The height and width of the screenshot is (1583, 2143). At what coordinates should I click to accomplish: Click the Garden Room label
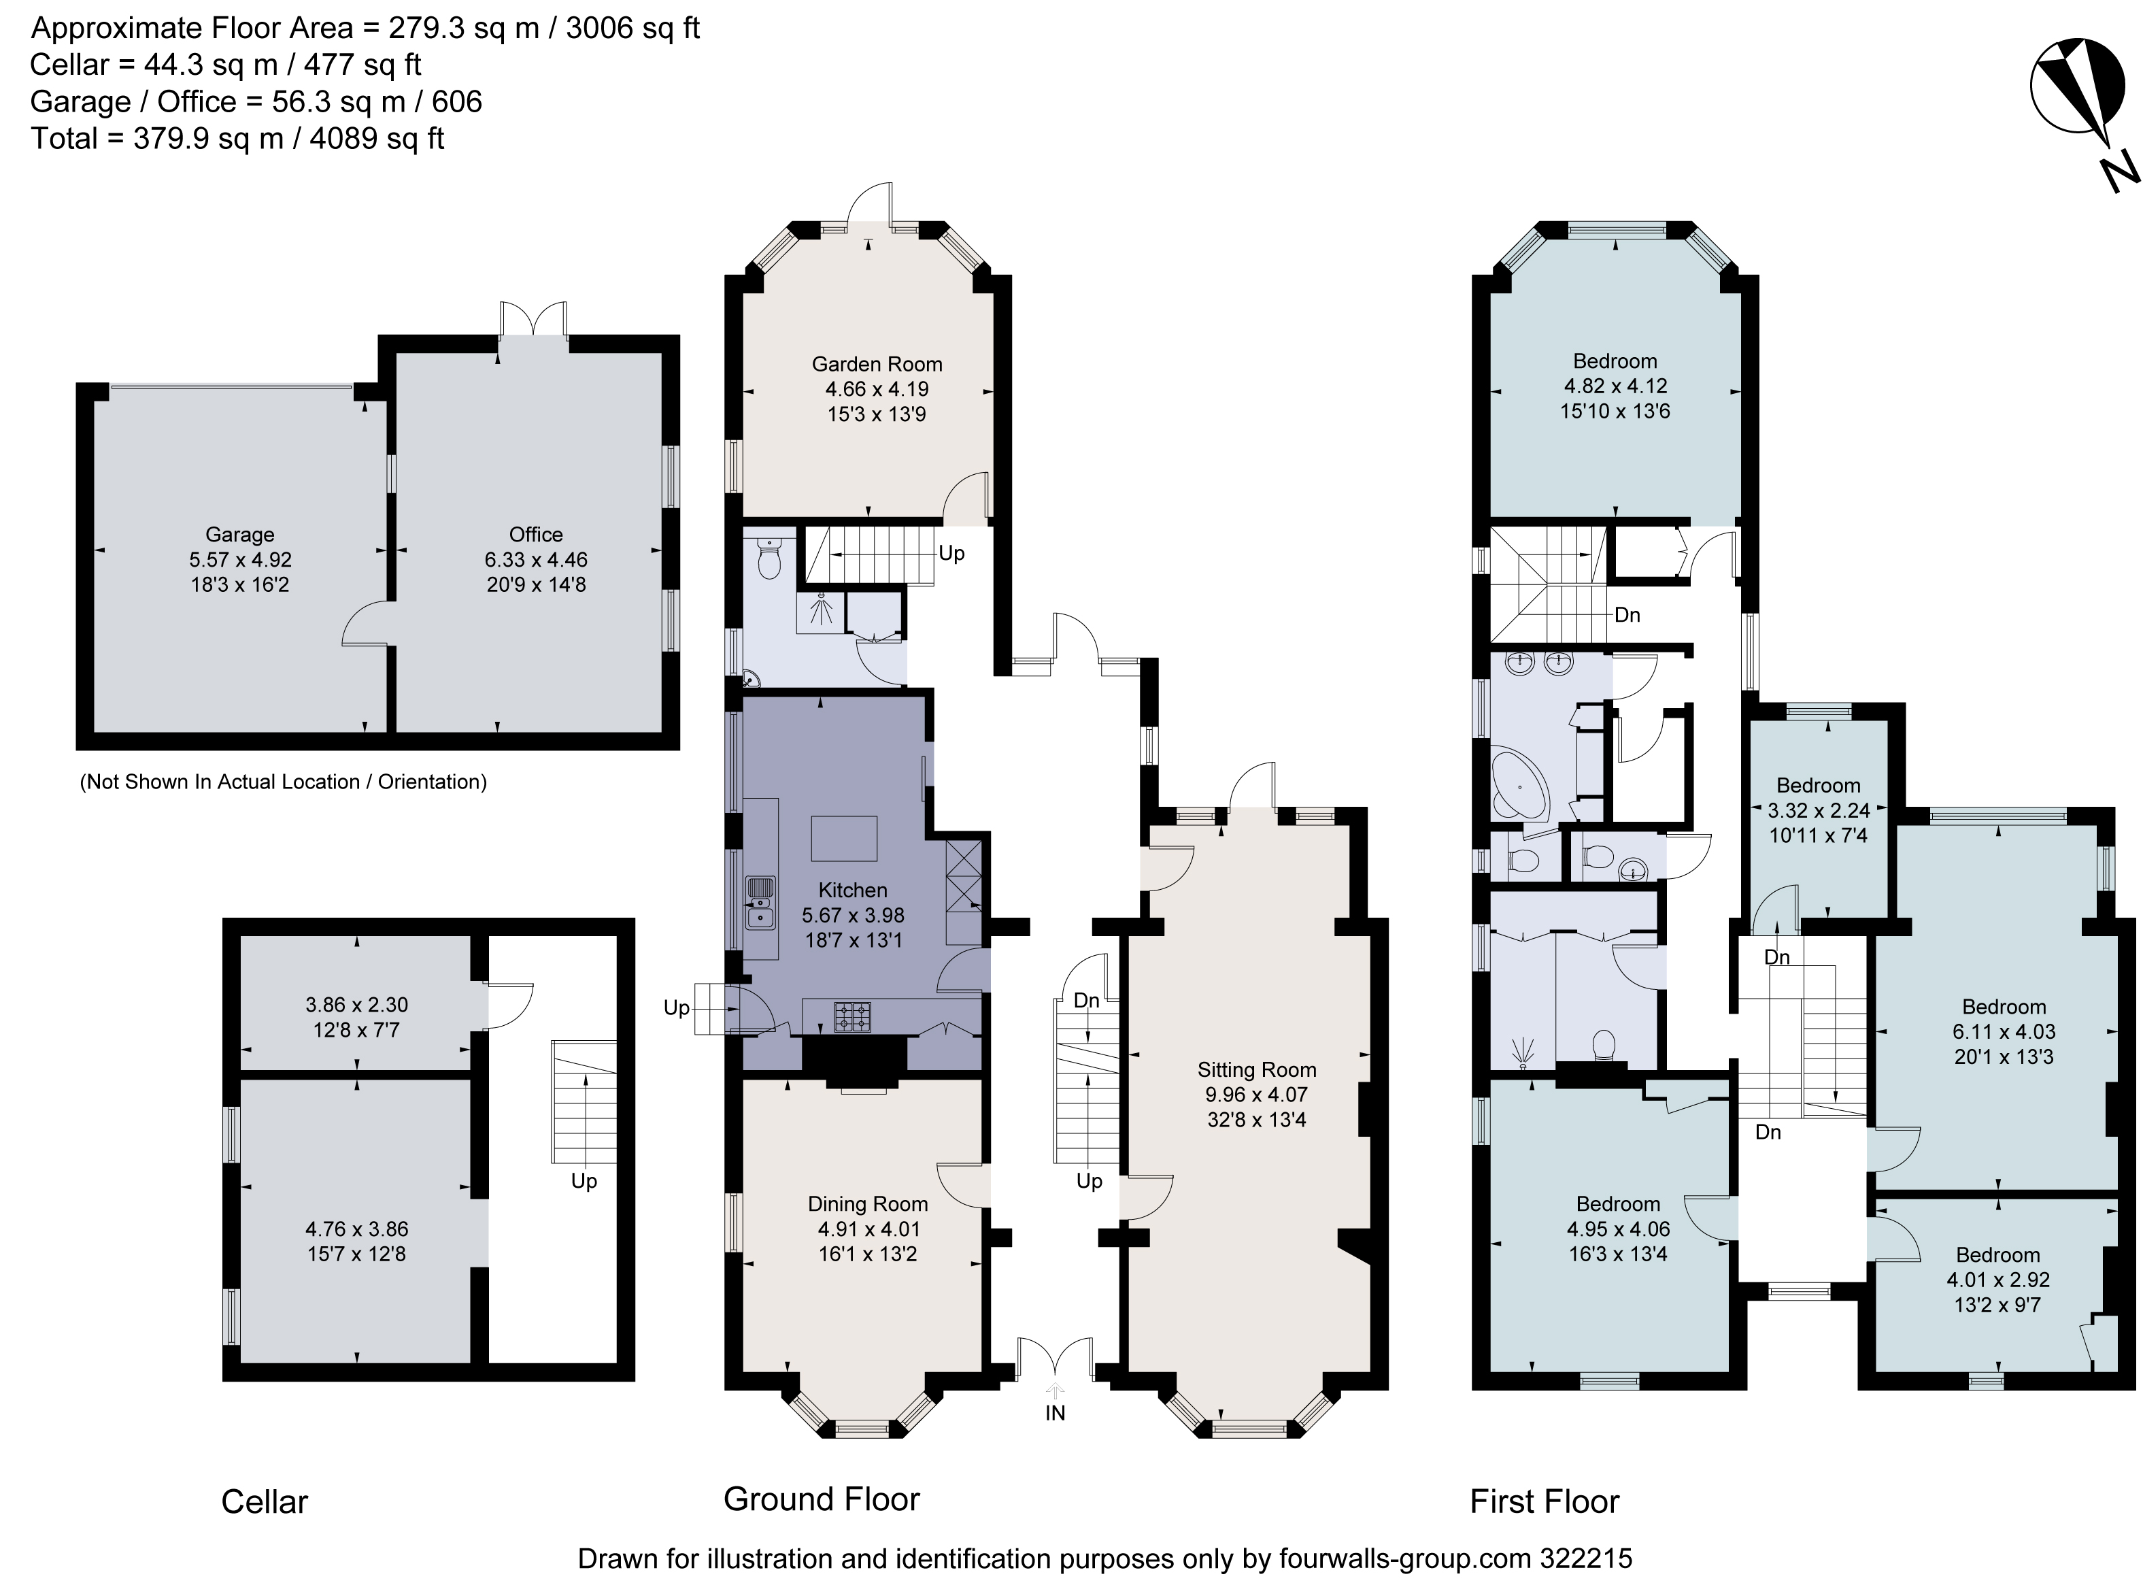pyautogui.click(x=877, y=364)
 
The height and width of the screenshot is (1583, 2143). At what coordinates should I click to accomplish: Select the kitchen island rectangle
pyautogui.click(x=844, y=839)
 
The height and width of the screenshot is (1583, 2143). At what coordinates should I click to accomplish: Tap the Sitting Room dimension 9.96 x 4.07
pyautogui.click(x=1256, y=1095)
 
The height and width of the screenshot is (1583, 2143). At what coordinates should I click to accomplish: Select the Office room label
pyautogui.click(x=535, y=535)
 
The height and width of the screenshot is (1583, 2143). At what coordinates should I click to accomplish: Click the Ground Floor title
pyautogui.click(x=821, y=1499)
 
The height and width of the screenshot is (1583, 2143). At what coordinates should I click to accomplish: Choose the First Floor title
pyautogui.click(x=1545, y=1501)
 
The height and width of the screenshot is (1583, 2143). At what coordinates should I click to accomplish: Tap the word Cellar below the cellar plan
pyautogui.click(x=265, y=1501)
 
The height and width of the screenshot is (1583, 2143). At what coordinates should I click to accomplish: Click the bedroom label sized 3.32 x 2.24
pyautogui.click(x=1817, y=786)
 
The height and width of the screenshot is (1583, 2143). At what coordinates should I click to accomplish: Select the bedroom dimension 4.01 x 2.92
pyautogui.click(x=1997, y=1279)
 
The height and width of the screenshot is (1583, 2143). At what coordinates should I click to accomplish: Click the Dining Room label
pyautogui.click(x=867, y=1203)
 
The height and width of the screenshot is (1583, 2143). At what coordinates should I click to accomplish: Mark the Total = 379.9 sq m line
pyautogui.click(x=237, y=139)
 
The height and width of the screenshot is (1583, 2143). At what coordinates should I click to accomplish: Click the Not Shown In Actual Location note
pyautogui.click(x=283, y=782)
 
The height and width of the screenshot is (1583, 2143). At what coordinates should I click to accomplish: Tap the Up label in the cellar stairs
pyautogui.click(x=584, y=1182)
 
